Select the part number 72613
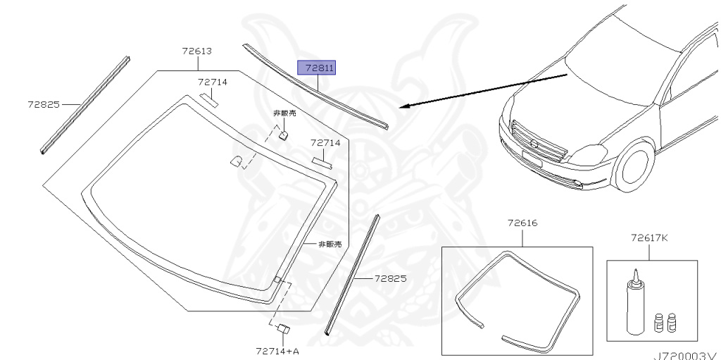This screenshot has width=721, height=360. (197, 51)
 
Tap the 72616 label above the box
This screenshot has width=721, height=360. (522, 223)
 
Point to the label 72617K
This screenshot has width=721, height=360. (648, 237)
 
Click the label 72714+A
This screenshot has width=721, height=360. (277, 352)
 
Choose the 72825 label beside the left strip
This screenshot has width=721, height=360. (44, 104)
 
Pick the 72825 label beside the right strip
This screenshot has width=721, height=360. (390, 278)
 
